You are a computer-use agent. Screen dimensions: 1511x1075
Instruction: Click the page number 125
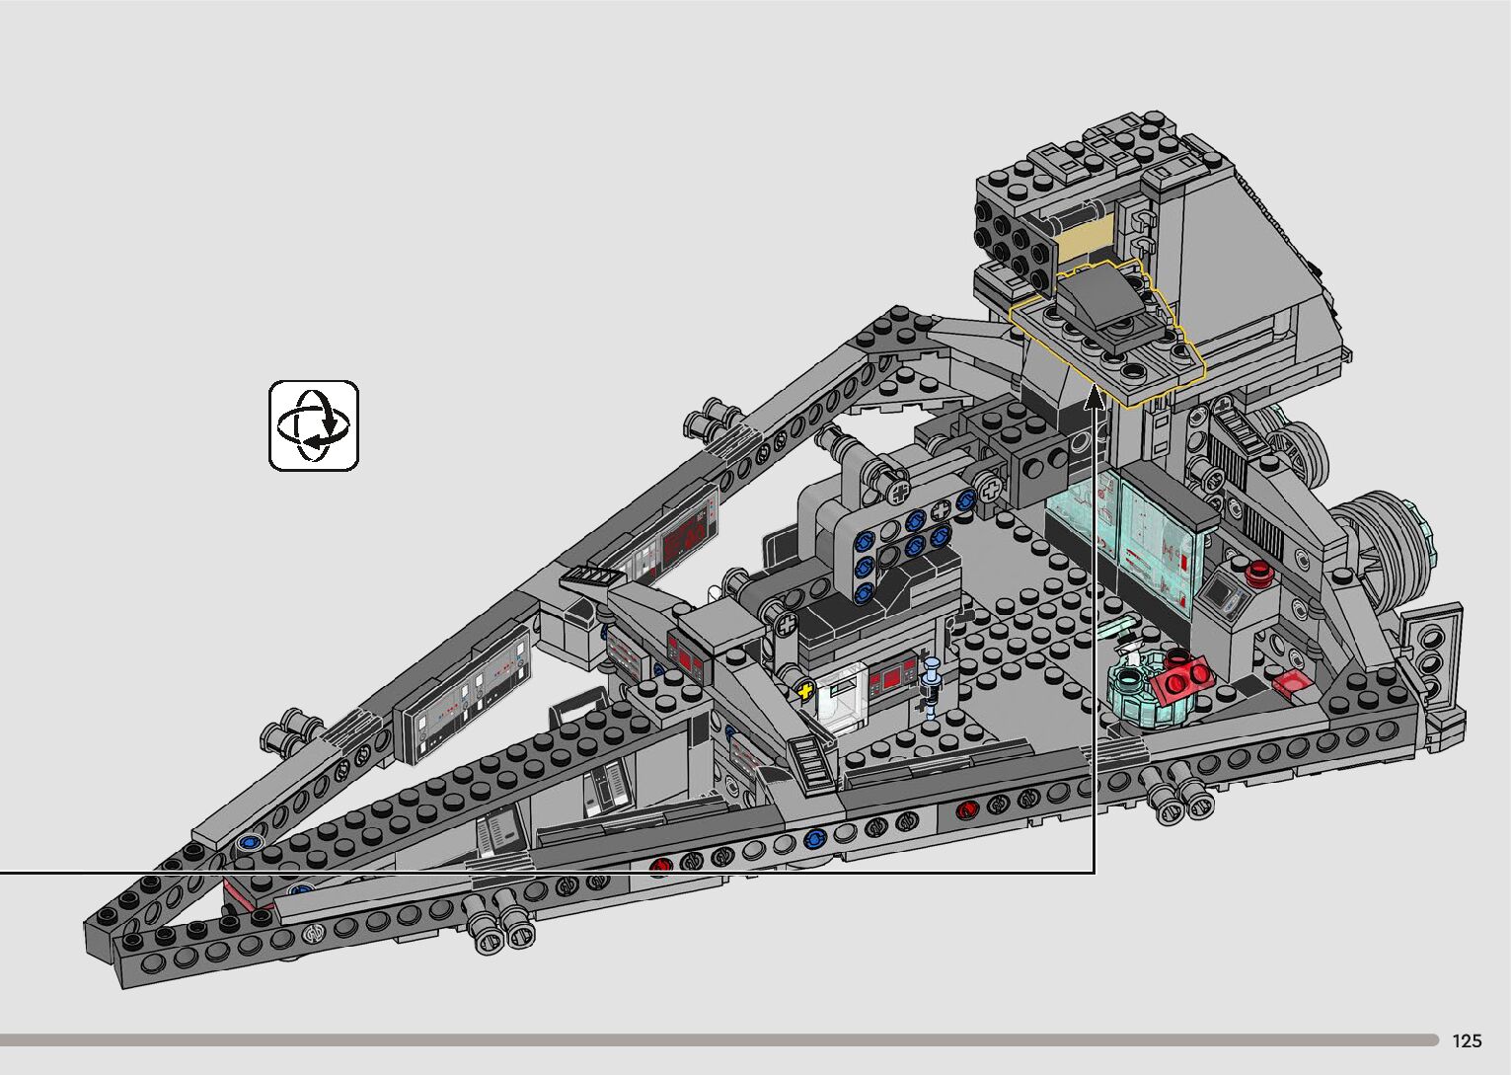pyautogui.click(x=1468, y=1040)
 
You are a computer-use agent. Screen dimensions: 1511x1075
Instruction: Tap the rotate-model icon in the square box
pyautogui.click(x=314, y=425)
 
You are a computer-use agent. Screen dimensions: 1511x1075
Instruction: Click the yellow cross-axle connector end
pyautogui.click(x=804, y=690)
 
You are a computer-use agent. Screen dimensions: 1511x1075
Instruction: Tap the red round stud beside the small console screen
pyautogui.click(x=1256, y=573)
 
